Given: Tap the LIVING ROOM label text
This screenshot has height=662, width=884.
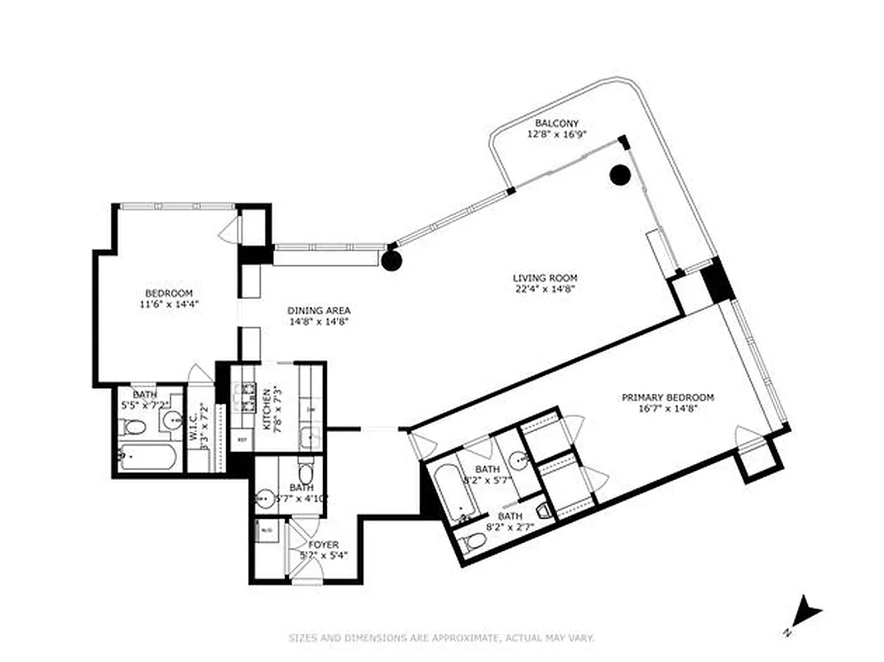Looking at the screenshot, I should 545,278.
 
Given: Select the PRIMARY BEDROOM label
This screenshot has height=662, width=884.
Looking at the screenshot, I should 667,397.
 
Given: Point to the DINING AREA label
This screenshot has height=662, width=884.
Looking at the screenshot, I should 319,310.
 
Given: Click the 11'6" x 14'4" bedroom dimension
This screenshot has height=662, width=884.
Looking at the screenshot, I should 169,304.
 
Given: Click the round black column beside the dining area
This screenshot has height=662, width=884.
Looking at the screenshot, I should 392,261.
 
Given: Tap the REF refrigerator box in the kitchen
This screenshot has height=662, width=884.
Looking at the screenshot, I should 243,439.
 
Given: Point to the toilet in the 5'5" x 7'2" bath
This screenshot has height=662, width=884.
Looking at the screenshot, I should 132,427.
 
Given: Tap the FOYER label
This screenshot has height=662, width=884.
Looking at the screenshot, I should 324,544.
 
